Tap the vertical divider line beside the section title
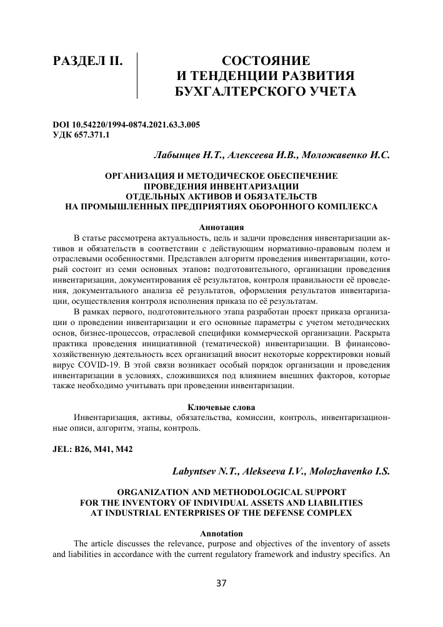click(137, 76)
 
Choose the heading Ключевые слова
click(221, 408)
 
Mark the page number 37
click(221, 583)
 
